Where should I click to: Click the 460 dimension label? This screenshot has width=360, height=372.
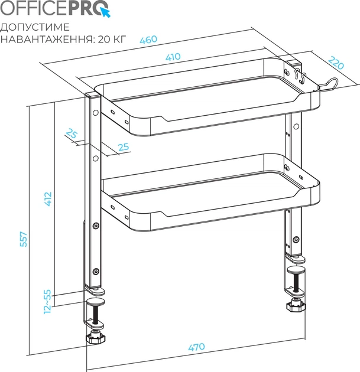tap(148, 40)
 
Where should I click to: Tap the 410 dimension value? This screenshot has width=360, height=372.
tap(173, 57)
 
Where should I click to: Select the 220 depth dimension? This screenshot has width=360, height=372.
tap(336, 63)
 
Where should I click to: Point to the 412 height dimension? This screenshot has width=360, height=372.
tap(48, 199)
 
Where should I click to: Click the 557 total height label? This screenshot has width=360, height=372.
tap(24, 239)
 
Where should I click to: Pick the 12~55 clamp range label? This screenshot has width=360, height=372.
tap(47, 302)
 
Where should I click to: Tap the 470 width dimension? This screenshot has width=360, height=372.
tap(196, 347)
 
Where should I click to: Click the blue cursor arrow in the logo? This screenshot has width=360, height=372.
tap(105, 12)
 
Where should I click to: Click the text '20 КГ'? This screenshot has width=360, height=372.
tap(112, 39)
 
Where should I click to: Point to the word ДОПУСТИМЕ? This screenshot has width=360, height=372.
tap(35, 27)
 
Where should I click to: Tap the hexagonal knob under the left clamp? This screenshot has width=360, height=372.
tap(95, 338)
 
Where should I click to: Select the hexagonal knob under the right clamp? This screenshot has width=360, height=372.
tap(296, 306)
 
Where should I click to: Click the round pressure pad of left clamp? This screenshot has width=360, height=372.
tap(95, 302)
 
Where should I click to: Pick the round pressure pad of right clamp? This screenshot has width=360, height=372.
tap(296, 270)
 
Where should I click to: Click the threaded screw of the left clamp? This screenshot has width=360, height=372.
tap(95, 315)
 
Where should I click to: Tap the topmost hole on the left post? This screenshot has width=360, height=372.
tap(96, 112)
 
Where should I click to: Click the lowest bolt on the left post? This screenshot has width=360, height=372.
tap(96, 271)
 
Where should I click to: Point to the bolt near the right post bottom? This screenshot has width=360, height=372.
tap(296, 239)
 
